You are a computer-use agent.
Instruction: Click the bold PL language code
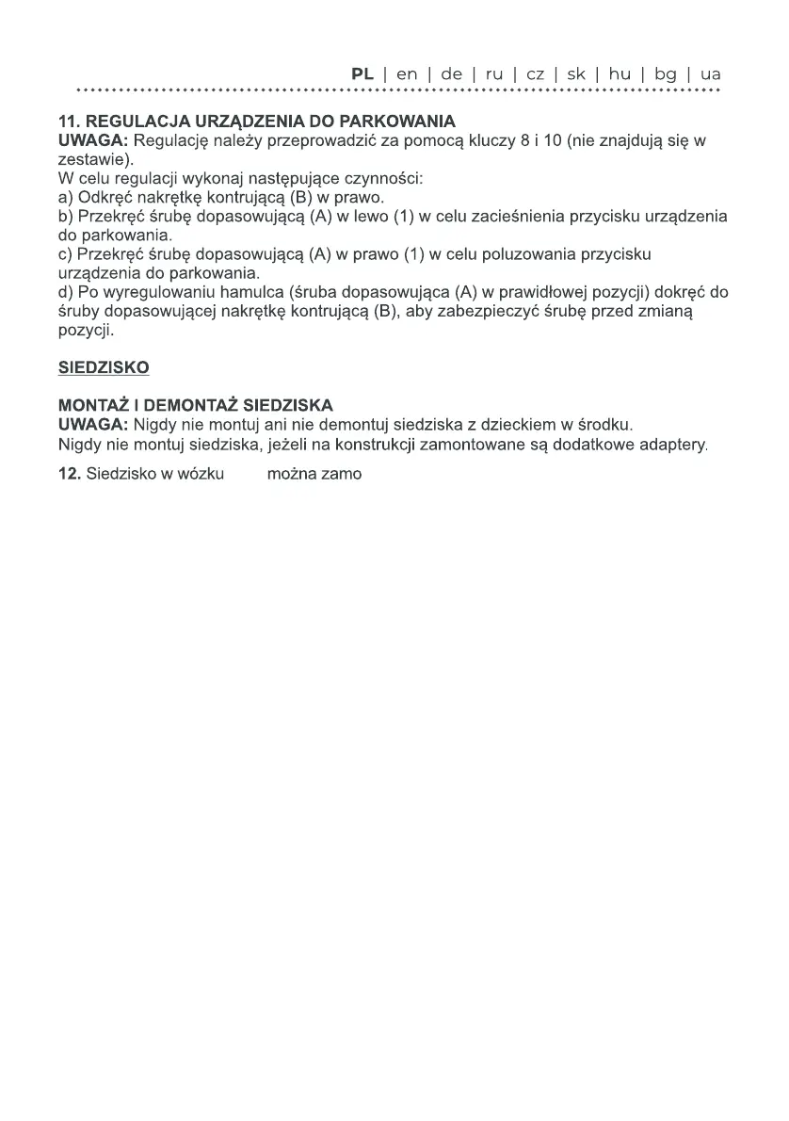coord(362,73)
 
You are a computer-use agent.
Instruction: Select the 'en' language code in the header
coord(407,73)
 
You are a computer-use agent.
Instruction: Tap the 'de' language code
coord(451,73)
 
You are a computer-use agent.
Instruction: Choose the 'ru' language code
coord(494,73)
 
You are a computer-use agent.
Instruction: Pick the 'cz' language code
coord(536,73)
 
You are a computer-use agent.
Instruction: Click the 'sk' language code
coord(576,73)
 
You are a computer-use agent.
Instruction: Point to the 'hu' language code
coord(620,73)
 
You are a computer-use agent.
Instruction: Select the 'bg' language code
coord(666,73)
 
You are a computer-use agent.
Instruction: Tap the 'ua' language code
coord(711,73)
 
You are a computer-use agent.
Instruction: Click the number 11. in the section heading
coord(70,122)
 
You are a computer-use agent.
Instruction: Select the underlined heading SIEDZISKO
coord(104,367)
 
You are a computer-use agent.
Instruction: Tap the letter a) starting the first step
coord(65,198)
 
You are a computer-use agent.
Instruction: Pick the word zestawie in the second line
coord(88,160)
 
